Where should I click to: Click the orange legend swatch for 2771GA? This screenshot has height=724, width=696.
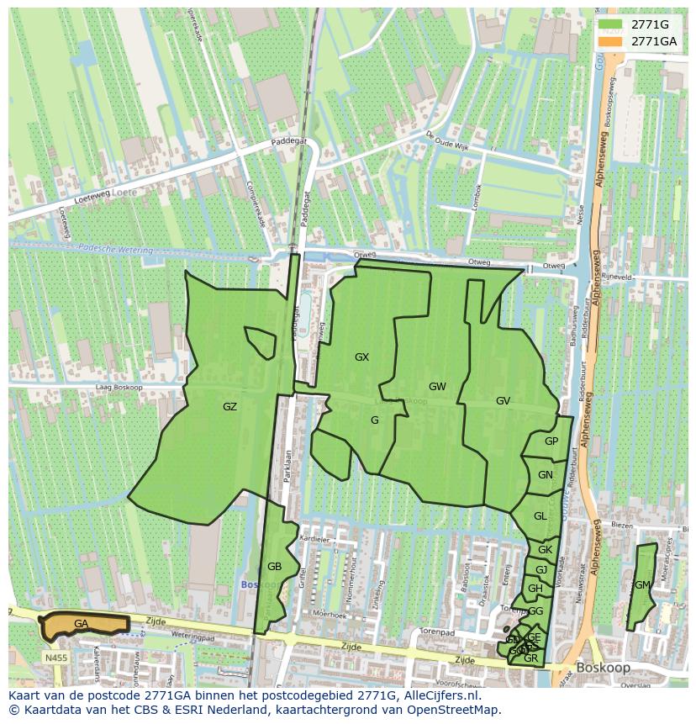(611, 41)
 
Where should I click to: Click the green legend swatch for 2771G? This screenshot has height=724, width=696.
(611, 24)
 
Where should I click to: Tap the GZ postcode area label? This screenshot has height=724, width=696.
(229, 407)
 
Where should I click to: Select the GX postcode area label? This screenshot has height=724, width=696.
(361, 357)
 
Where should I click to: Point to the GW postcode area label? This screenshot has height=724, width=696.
(437, 387)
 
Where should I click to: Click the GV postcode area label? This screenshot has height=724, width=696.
(503, 401)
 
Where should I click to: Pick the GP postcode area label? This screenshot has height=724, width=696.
(551, 441)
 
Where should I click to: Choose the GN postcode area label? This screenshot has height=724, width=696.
(546, 475)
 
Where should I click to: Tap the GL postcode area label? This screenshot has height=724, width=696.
(540, 516)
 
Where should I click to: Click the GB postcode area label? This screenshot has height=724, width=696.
(274, 567)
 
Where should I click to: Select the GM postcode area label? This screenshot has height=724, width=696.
(642, 585)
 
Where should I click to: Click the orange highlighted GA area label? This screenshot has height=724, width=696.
(81, 624)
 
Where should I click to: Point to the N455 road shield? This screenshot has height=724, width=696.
(55, 658)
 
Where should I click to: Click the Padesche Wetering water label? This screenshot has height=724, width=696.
(116, 250)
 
